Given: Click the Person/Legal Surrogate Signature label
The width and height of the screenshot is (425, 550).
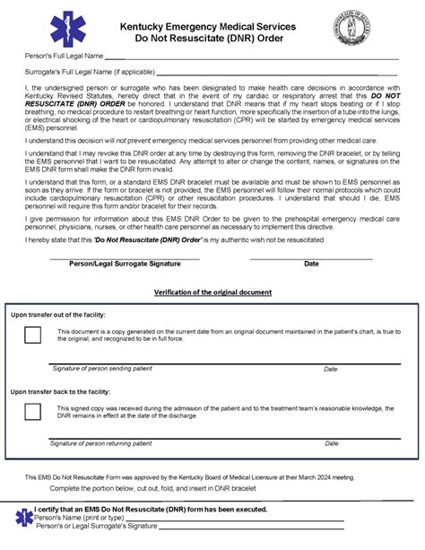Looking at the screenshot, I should coord(124,264).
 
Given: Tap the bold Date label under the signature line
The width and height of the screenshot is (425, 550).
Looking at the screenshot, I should coord(311,264).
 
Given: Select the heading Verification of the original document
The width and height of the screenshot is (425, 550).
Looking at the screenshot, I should coord(212,292).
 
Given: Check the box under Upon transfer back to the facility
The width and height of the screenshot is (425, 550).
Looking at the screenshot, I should coord(32,412).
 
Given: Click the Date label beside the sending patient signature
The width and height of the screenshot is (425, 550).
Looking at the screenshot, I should coord(330,369).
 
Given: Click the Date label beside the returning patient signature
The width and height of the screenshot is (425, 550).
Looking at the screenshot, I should coord(330,443).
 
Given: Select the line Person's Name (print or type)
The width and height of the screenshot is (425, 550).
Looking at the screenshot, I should coord(79,519).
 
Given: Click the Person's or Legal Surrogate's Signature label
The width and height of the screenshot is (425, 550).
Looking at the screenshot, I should coord(95,527).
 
